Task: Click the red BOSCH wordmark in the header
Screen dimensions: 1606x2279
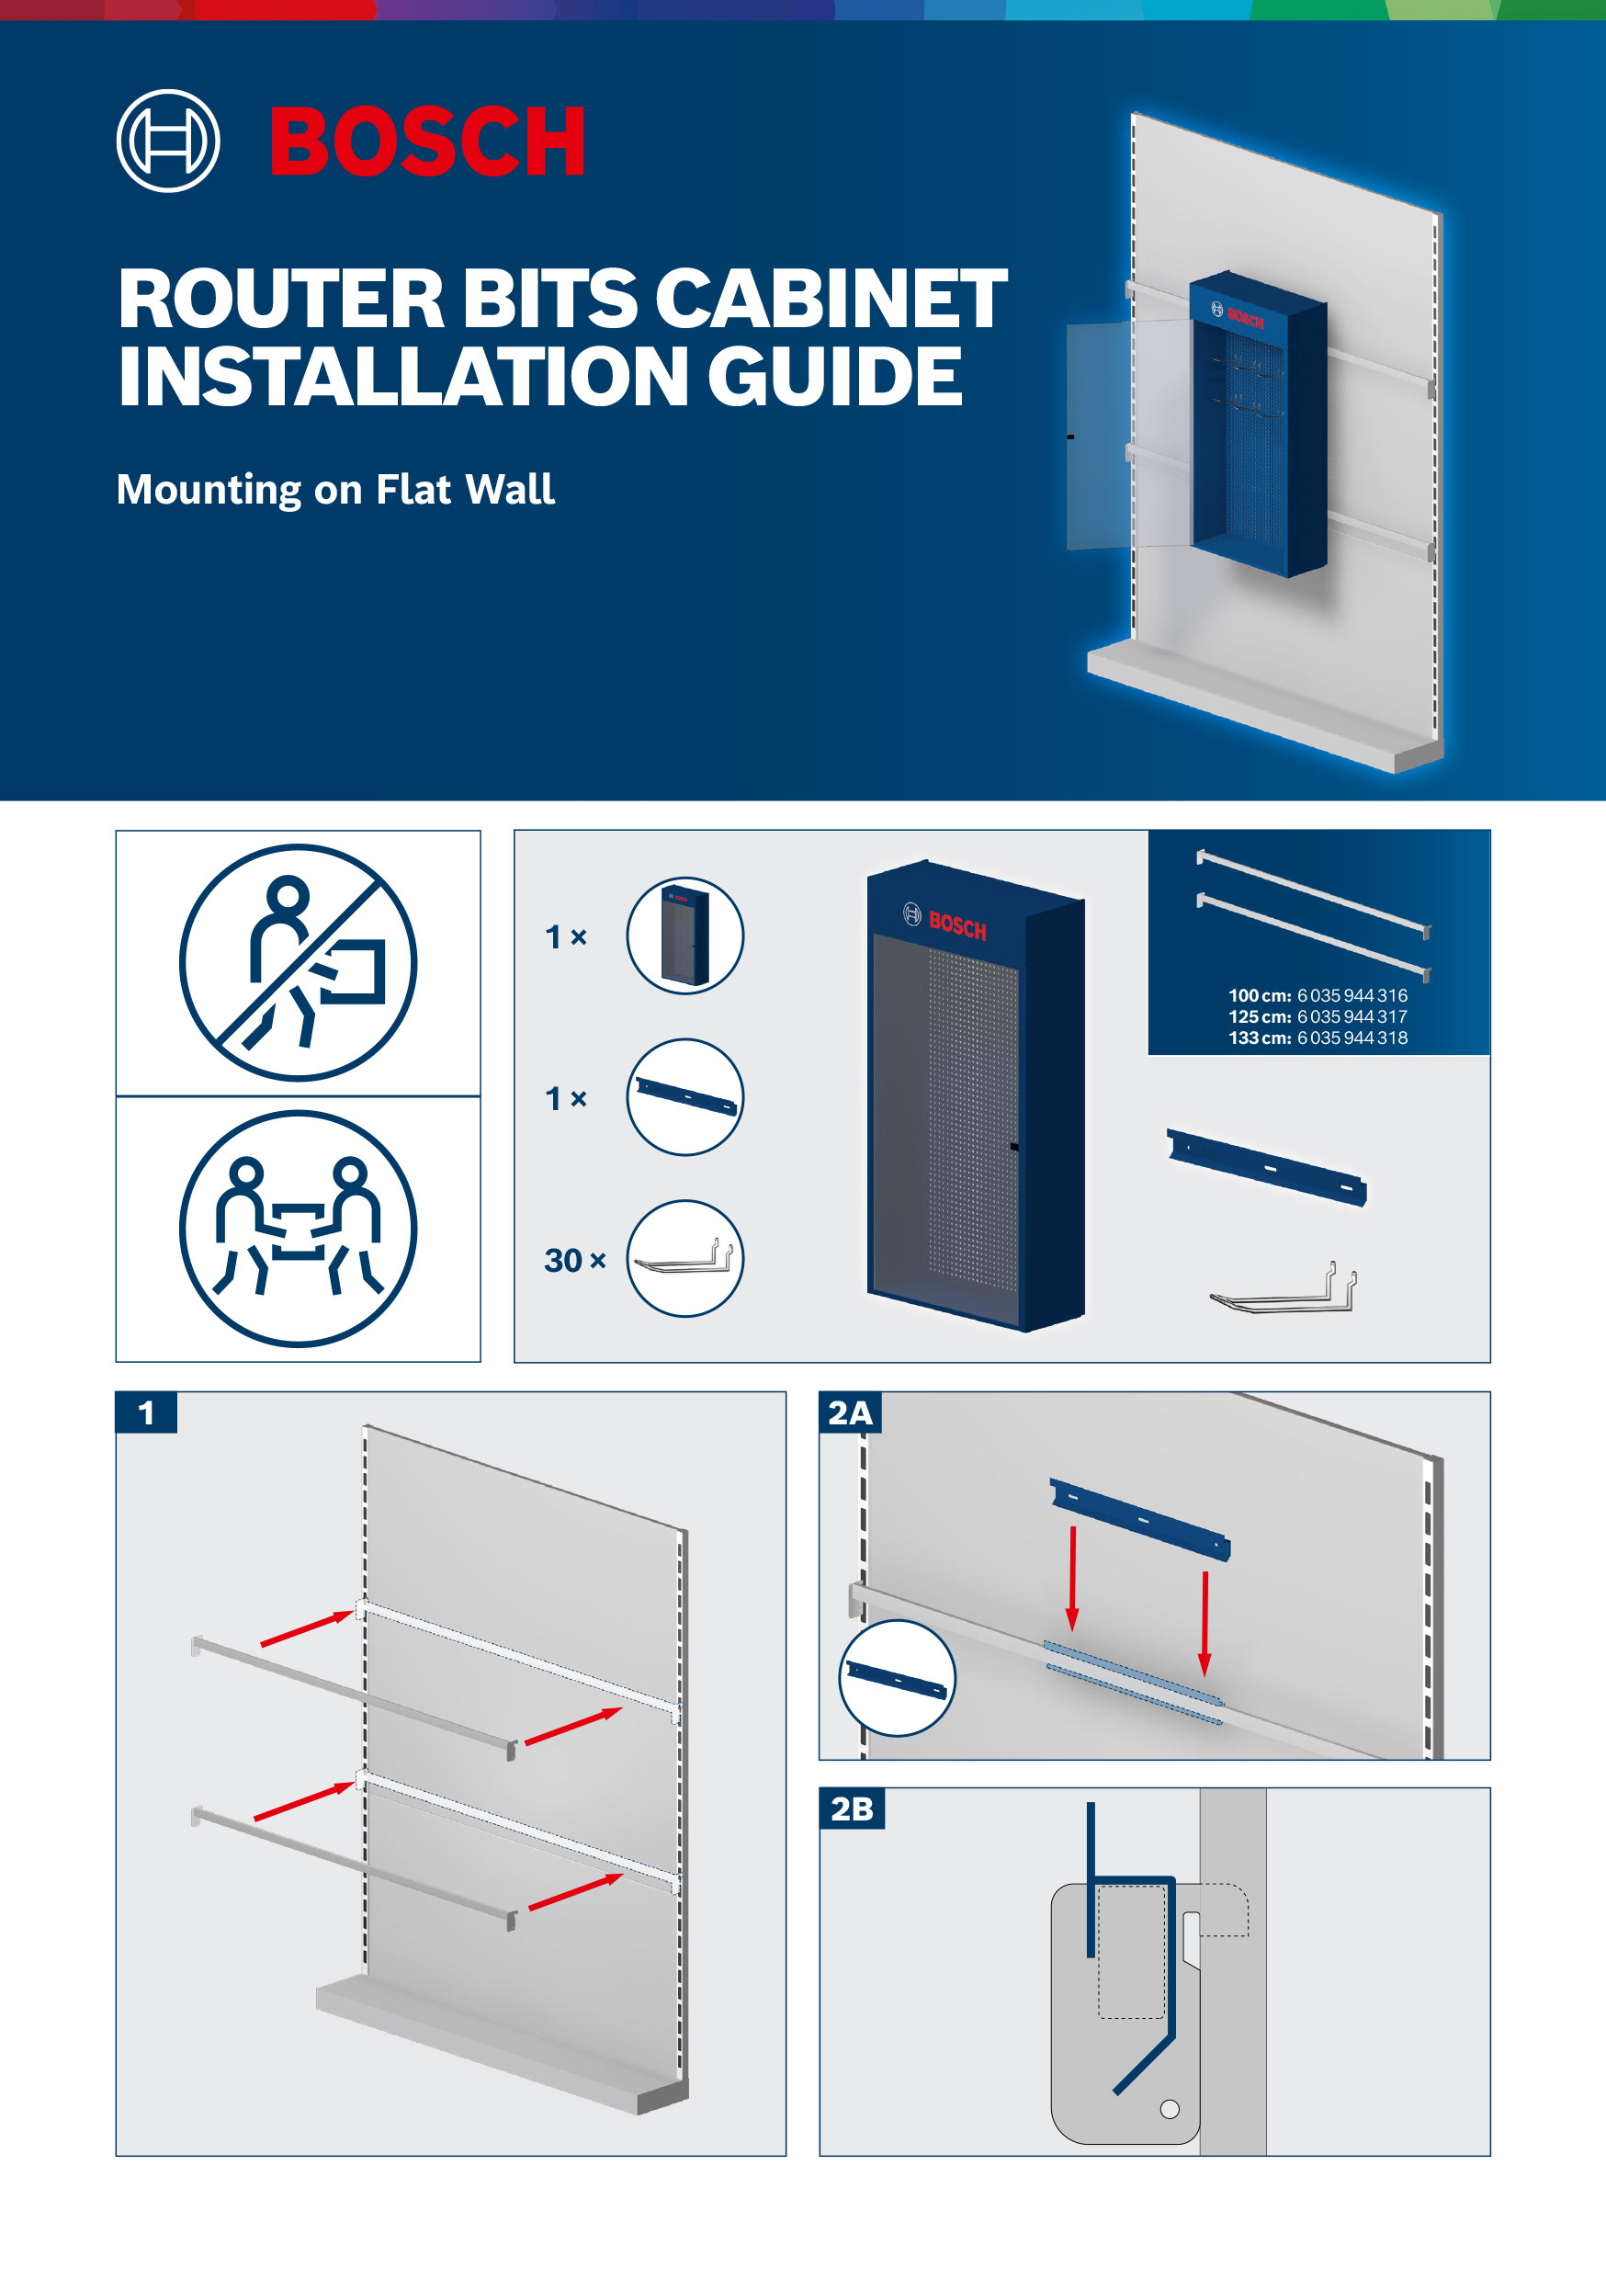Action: [427, 141]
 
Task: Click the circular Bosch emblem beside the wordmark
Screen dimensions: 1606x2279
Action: [168, 141]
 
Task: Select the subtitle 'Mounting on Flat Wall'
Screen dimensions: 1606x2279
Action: [335, 490]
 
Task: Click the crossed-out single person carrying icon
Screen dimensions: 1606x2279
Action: [298, 962]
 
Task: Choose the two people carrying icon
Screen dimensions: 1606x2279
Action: [298, 1229]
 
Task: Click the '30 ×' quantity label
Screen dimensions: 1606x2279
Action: [575, 1261]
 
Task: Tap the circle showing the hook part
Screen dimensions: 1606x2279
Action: [684, 1259]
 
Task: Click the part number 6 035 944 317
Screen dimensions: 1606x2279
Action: [1352, 1016]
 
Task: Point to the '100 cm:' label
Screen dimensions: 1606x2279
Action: [1260, 995]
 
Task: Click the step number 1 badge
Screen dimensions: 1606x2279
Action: [147, 1412]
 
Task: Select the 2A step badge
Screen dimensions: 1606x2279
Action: [851, 1412]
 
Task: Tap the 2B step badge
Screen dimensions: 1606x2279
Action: [852, 1808]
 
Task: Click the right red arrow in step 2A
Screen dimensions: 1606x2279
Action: [1205, 1624]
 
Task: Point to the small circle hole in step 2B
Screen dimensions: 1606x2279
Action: [1171, 2109]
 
